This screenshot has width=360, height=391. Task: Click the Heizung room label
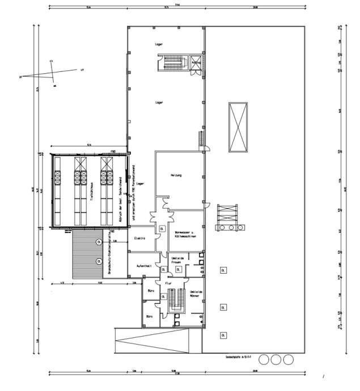pos(176,175)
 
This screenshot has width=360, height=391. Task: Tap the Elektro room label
pos(139,239)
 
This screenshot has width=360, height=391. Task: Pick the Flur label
pos(168,282)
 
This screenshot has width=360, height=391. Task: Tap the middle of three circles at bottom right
pos(276,359)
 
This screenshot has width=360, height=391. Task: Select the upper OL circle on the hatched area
pos(99,242)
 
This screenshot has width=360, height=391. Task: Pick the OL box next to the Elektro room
pos(162,229)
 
